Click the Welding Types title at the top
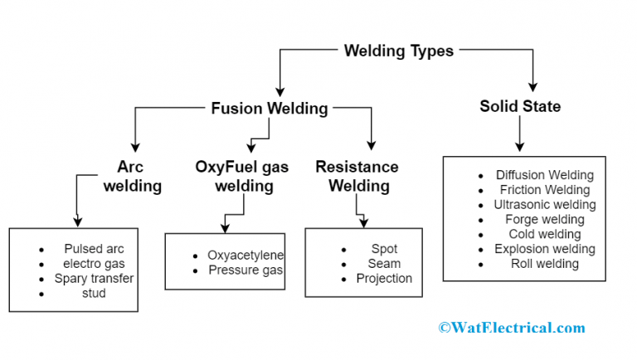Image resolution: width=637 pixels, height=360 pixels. point(399,51)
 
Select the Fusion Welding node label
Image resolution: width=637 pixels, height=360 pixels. point(270,109)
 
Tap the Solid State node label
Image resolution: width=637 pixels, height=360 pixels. point(520,106)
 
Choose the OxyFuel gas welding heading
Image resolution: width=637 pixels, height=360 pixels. point(242,176)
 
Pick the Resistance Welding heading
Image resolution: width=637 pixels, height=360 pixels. point(357,176)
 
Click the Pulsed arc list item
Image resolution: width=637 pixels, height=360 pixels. point(95,249)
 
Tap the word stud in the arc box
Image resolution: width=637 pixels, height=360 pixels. point(94,293)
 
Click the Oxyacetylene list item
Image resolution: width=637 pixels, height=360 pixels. point(246,255)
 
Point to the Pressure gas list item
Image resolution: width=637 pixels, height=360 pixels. point(246,270)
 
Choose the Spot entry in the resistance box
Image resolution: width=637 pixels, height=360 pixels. point(384,249)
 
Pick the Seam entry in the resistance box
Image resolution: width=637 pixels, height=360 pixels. point(384,264)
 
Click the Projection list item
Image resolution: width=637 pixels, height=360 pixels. point(384,279)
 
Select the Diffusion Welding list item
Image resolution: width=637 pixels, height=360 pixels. point(545,175)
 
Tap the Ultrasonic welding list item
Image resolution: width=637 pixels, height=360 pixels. point(545,205)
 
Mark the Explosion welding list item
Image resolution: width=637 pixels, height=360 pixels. point(545,249)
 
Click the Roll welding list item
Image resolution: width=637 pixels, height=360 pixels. point(545,264)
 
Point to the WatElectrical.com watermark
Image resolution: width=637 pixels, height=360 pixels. point(512,328)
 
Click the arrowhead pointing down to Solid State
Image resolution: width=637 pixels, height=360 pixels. point(533,86)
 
